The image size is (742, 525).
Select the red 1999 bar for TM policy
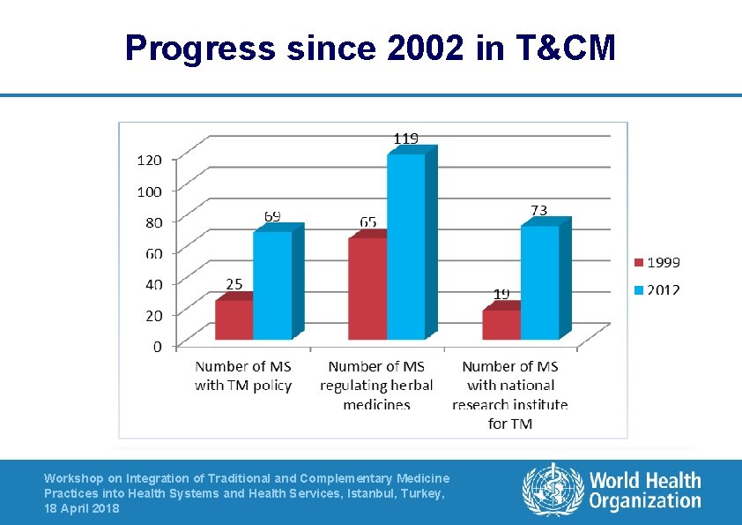pos(234,319)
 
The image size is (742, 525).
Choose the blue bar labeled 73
pos(539,281)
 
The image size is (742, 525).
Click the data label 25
pos(234,284)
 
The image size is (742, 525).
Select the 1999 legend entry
pos(657,262)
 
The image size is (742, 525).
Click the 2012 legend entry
pos(657,290)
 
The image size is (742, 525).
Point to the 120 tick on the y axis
pos(149,160)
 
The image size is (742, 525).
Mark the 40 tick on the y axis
pos(153,284)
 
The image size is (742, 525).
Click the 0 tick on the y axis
pos(158,346)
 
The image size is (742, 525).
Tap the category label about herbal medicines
pos(376,385)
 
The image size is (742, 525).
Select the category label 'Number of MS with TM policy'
pos(243,375)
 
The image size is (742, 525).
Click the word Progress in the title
pos(200,48)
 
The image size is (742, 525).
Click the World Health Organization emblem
pos(553,491)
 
